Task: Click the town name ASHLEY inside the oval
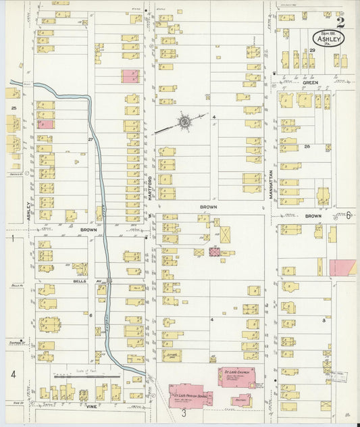click(328, 39)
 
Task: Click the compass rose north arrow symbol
click(184, 122)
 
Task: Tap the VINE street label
click(93, 407)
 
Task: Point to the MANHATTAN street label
click(269, 179)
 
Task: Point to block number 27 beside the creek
click(90, 139)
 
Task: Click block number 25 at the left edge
click(13, 107)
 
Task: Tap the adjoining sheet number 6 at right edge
click(349, 216)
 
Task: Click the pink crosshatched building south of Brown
click(215, 252)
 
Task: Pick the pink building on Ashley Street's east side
click(45, 124)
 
